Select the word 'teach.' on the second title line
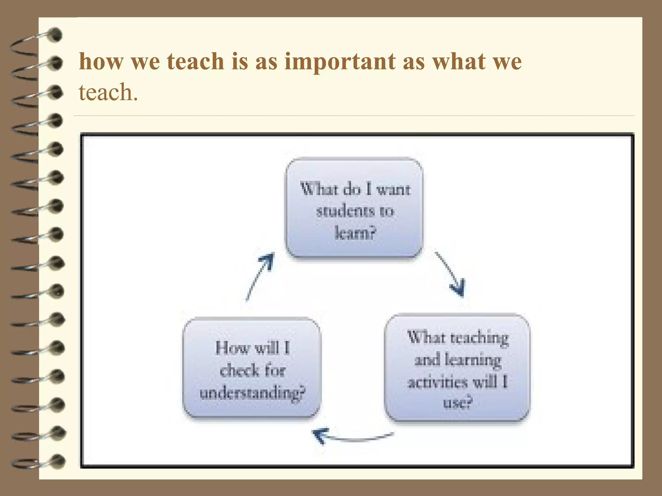tap(108, 93)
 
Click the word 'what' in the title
tap(457, 61)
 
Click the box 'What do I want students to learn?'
tap(354, 208)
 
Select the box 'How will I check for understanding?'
tap(252, 367)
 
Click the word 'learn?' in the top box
tap(356, 232)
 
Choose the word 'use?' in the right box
tap(457, 403)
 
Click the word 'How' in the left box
tap(232, 348)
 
